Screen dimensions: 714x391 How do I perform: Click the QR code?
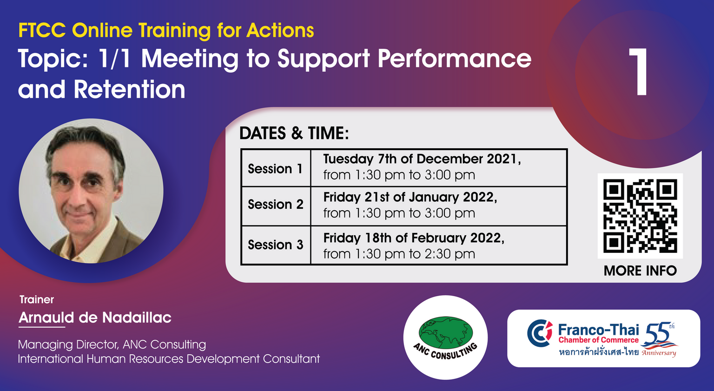pos(640,216)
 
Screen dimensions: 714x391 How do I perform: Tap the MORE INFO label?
pos(640,271)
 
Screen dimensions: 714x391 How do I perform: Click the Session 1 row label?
pos(275,169)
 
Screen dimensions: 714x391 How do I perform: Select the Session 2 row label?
pos(275,204)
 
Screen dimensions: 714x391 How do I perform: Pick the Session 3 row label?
pos(275,245)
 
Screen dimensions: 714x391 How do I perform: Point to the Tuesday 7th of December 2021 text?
pos(422,159)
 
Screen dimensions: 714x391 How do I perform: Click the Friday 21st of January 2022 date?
pos(410,197)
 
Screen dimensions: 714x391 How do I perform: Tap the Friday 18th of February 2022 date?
pos(414,238)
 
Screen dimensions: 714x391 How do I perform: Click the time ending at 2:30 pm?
pos(399,254)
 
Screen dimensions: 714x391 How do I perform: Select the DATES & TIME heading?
pos(294,133)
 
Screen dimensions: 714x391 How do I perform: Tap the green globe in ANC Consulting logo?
pos(446,333)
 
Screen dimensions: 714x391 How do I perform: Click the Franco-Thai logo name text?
pos(599,330)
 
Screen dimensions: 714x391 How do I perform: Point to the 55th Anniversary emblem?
pos(659,339)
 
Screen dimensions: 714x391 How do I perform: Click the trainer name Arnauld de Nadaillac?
pos(95,318)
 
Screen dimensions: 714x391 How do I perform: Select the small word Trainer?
pos(37,299)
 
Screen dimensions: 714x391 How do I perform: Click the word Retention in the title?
pos(129,89)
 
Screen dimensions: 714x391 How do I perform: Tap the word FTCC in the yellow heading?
pos(42,30)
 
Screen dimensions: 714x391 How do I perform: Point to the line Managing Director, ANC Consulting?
pos(112,345)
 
